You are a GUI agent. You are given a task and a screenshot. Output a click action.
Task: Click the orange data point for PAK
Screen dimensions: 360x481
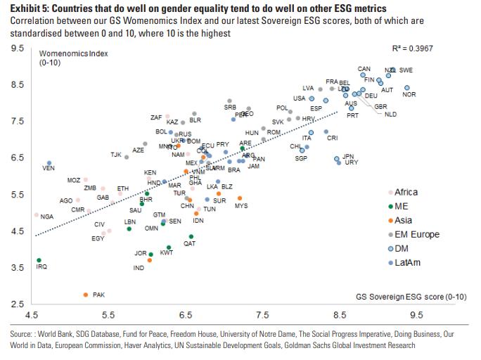(86, 295)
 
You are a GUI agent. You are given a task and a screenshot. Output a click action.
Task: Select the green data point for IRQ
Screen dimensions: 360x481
(39, 260)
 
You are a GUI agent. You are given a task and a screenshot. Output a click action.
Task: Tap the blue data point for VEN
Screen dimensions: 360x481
(49, 163)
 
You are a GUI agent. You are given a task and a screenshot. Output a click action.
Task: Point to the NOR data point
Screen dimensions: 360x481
(407, 88)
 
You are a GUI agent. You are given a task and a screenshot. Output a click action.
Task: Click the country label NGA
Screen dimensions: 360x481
(47, 217)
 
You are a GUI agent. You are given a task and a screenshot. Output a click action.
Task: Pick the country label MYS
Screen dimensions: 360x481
(241, 206)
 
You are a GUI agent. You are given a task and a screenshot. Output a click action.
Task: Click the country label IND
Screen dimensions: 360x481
(139, 268)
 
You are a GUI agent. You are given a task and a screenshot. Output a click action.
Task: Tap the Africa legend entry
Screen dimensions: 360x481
(406, 192)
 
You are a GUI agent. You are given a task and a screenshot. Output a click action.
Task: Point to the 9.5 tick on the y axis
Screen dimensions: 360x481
(19, 49)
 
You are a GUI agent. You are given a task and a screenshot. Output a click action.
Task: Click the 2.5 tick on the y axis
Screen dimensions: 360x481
(19, 304)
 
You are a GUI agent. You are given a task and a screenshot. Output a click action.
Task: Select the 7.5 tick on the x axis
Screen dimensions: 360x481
(262, 317)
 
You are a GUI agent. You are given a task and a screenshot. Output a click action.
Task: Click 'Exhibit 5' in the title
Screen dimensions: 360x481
(31, 8)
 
